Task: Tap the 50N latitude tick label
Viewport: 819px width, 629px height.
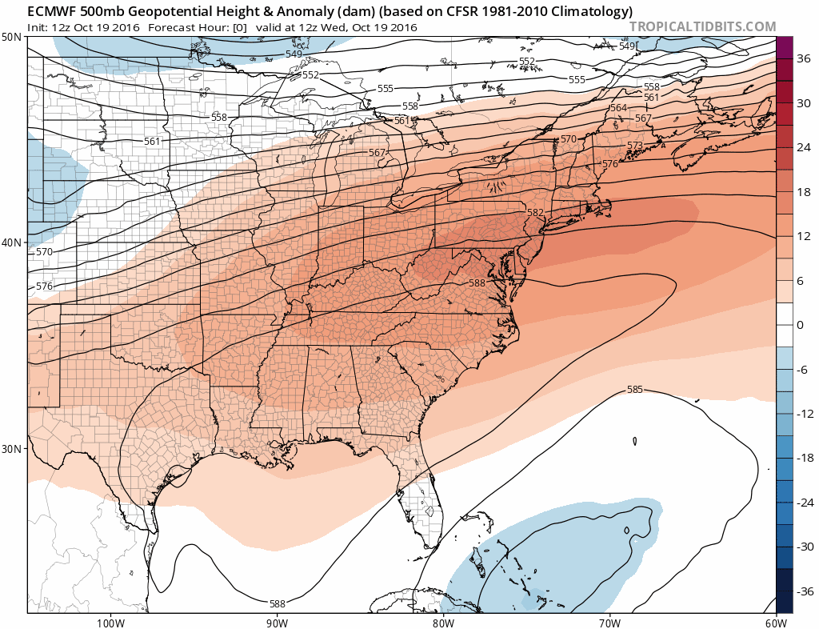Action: [12, 38]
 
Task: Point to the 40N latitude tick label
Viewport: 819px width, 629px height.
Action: [12, 242]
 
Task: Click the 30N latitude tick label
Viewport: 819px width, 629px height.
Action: [12, 448]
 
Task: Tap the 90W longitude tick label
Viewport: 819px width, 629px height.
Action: [277, 623]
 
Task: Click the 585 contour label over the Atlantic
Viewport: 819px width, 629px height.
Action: [635, 390]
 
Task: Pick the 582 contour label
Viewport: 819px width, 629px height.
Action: [535, 213]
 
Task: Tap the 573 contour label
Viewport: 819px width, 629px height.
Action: [634, 146]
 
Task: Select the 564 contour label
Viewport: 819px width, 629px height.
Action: [618, 108]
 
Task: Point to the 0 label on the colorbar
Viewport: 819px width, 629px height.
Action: [801, 324]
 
